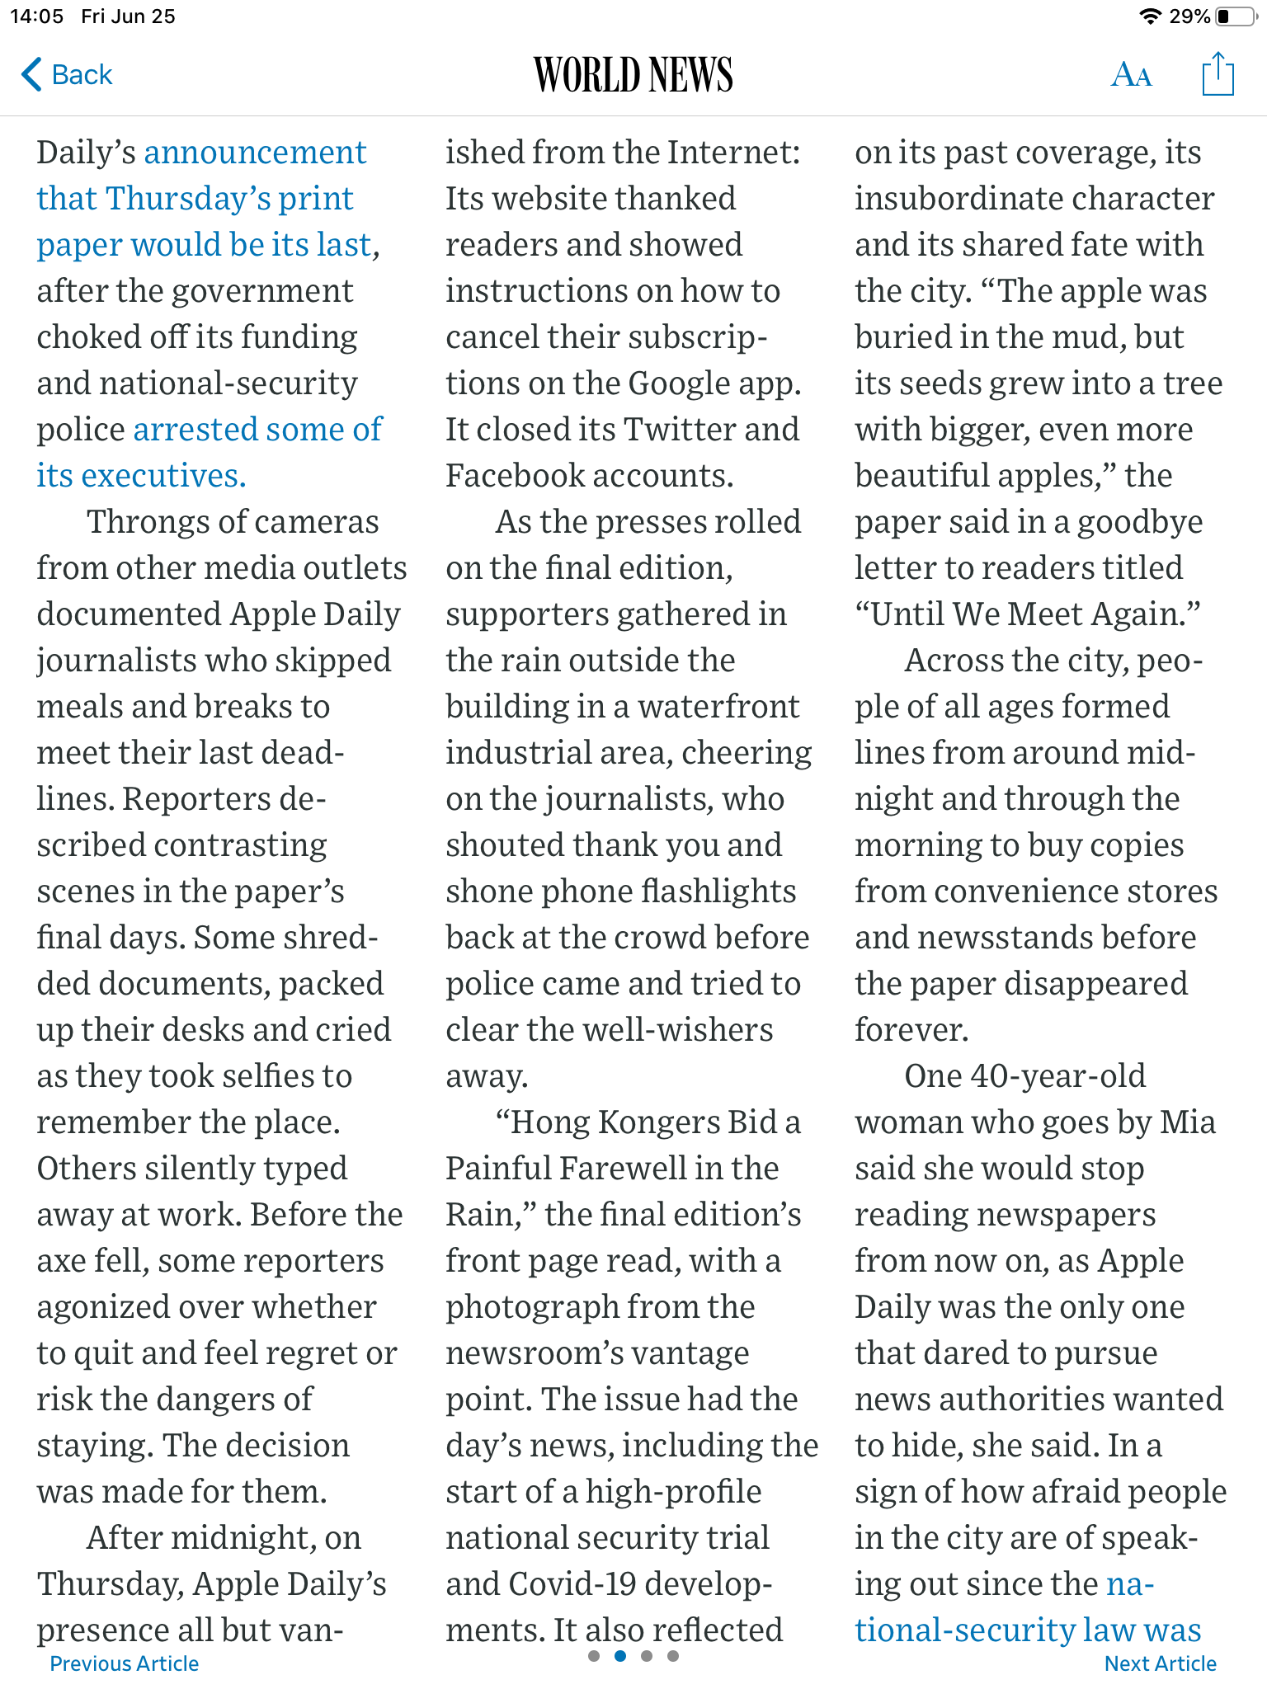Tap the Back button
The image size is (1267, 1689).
coord(67,74)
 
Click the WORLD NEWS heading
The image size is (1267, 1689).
coord(633,75)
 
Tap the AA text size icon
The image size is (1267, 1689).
coord(1131,75)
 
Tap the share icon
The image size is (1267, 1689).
coord(1218,74)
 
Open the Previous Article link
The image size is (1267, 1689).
coord(124,1663)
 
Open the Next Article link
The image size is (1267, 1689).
coord(1160,1663)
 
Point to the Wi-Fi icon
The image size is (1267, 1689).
coord(1149,16)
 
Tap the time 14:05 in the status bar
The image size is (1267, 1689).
coord(36,16)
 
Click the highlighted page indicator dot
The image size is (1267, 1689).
coord(620,1655)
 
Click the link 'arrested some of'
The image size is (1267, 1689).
coord(257,430)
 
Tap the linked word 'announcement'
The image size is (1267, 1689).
coord(255,153)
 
